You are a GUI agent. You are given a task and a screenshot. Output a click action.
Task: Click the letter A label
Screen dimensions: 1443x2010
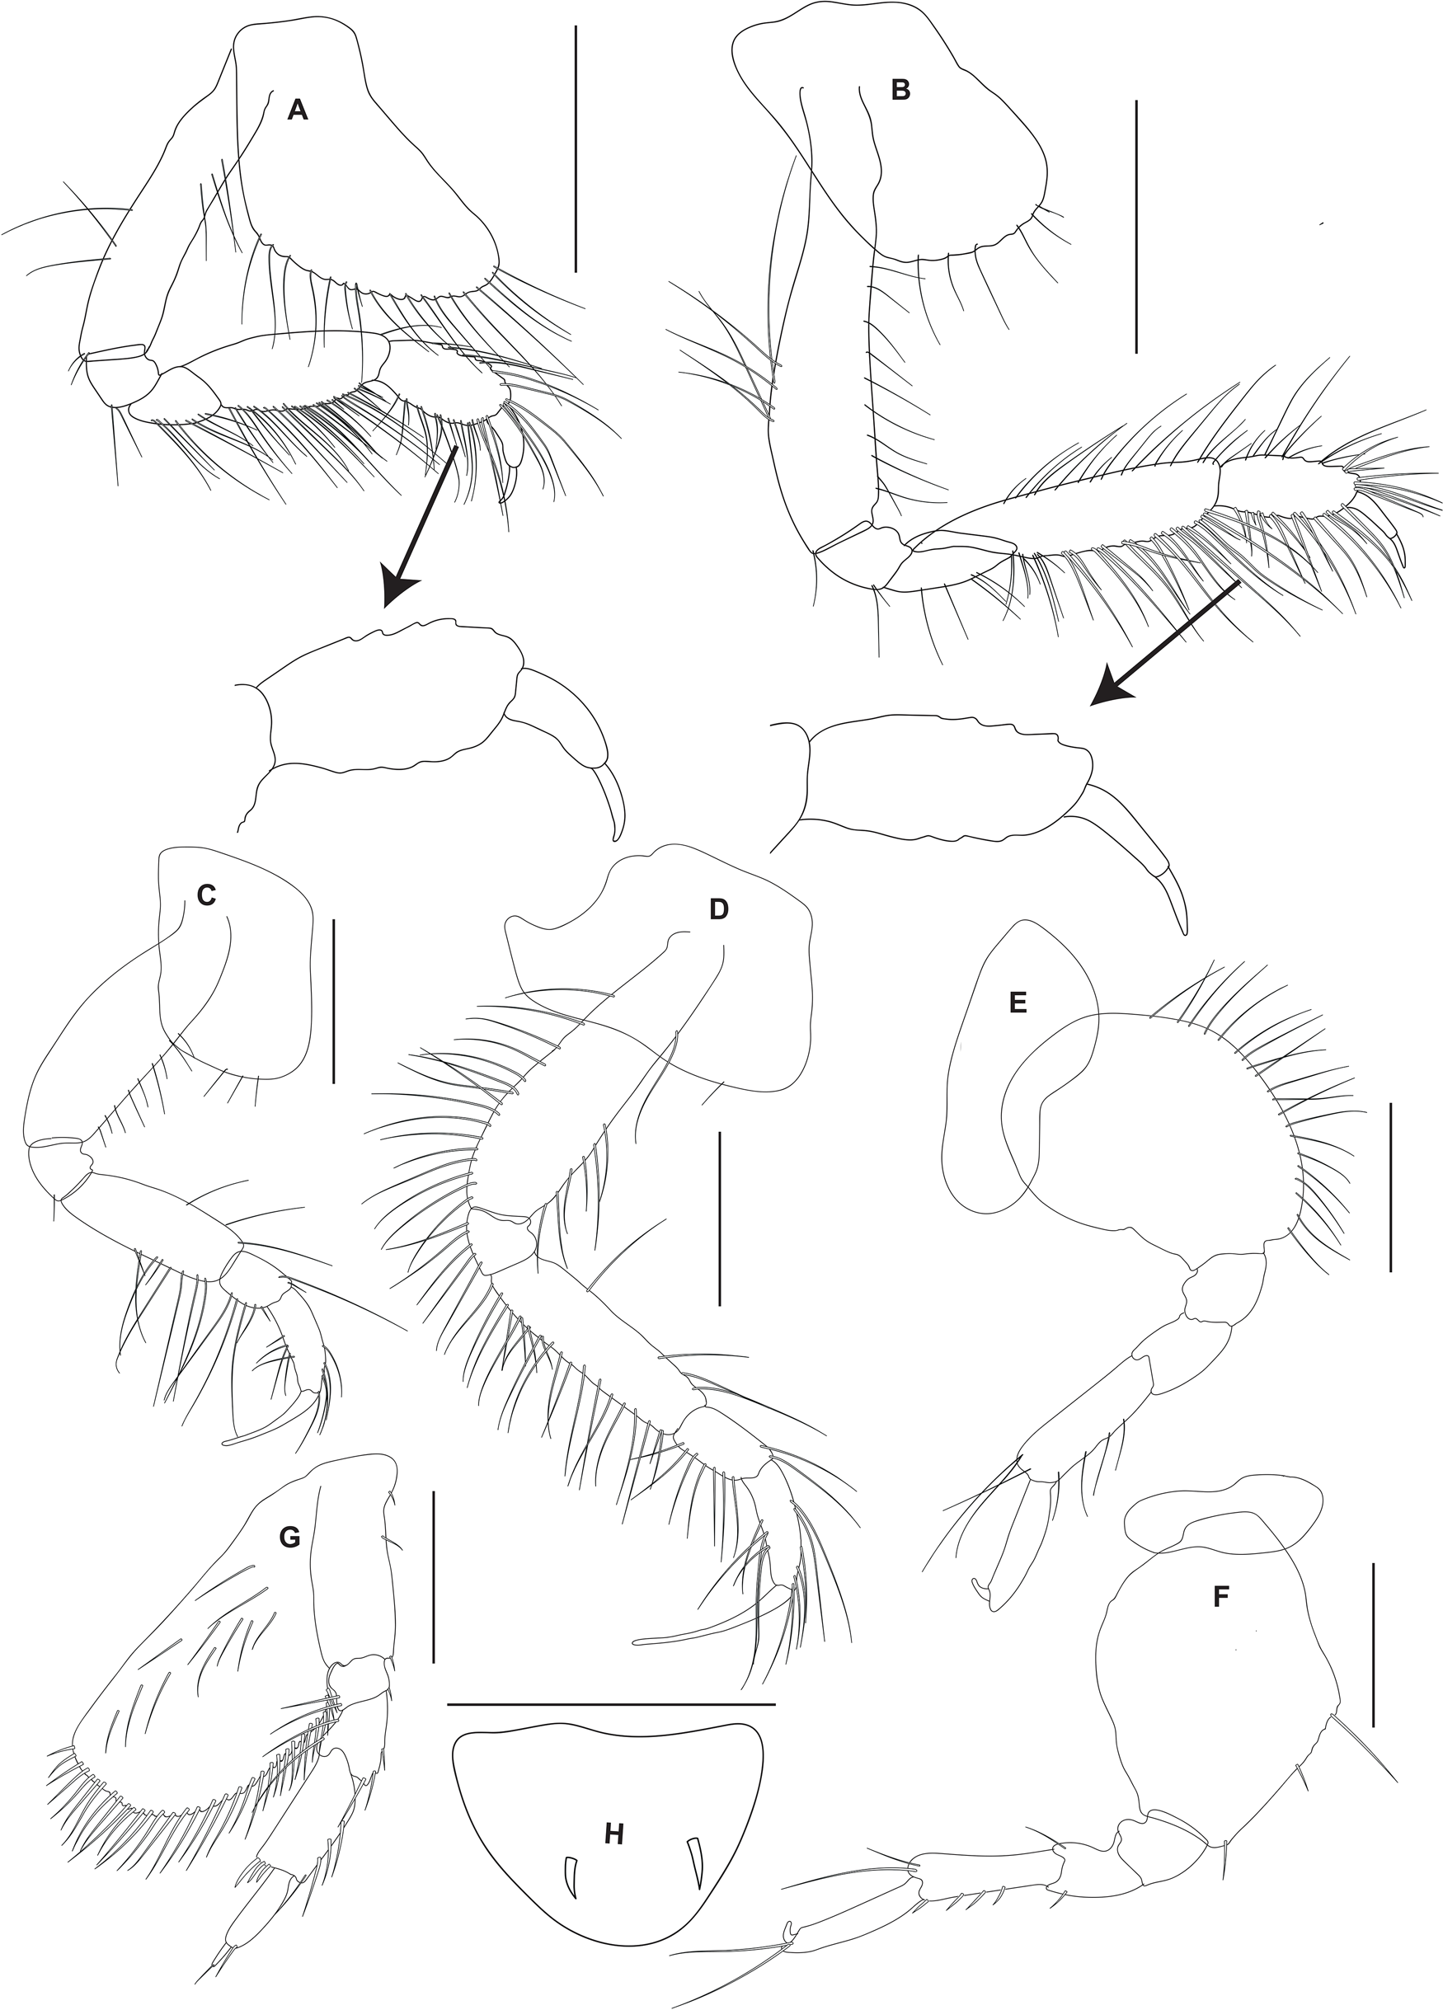pyautogui.click(x=298, y=110)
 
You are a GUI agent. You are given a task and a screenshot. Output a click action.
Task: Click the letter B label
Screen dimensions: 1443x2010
pyautogui.click(x=900, y=90)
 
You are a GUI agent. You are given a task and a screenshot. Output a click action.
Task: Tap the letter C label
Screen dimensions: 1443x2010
pyautogui.click(x=205, y=896)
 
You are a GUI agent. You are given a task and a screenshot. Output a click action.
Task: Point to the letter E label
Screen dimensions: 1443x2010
pyautogui.click(x=1018, y=1003)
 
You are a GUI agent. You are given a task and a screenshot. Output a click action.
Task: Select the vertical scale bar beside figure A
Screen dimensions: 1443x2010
pyautogui.click(x=576, y=149)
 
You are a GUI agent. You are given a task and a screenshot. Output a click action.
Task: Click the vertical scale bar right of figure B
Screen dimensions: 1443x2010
pyautogui.click(x=1135, y=227)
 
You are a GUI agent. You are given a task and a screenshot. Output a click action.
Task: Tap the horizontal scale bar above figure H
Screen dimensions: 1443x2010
pyautogui.click(x=611, y=1704)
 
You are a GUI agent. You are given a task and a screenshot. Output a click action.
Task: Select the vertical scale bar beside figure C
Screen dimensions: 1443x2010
pyautogui.click(x=333, y=1001)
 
